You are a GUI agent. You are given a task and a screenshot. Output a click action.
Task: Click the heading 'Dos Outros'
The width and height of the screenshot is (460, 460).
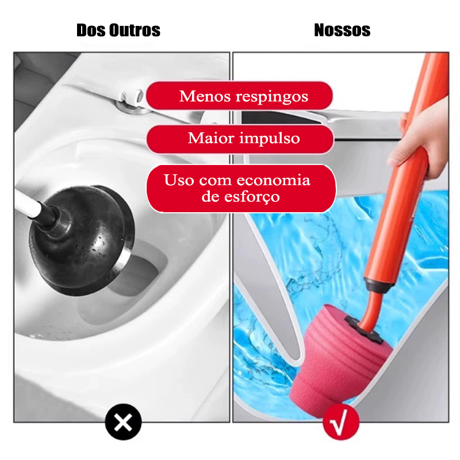(118, 30)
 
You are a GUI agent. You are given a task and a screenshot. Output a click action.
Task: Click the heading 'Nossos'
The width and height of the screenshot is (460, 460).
(342, 30)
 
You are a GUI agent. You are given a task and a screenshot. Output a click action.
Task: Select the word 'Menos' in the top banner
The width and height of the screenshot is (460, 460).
(205, 96)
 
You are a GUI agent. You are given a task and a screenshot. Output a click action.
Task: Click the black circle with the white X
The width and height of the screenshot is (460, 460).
(123, 422)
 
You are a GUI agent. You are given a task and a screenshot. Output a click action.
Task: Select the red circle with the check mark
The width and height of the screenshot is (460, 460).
(341, 422)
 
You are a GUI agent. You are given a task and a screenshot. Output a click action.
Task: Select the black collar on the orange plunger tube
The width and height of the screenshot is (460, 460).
(378, 286)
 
